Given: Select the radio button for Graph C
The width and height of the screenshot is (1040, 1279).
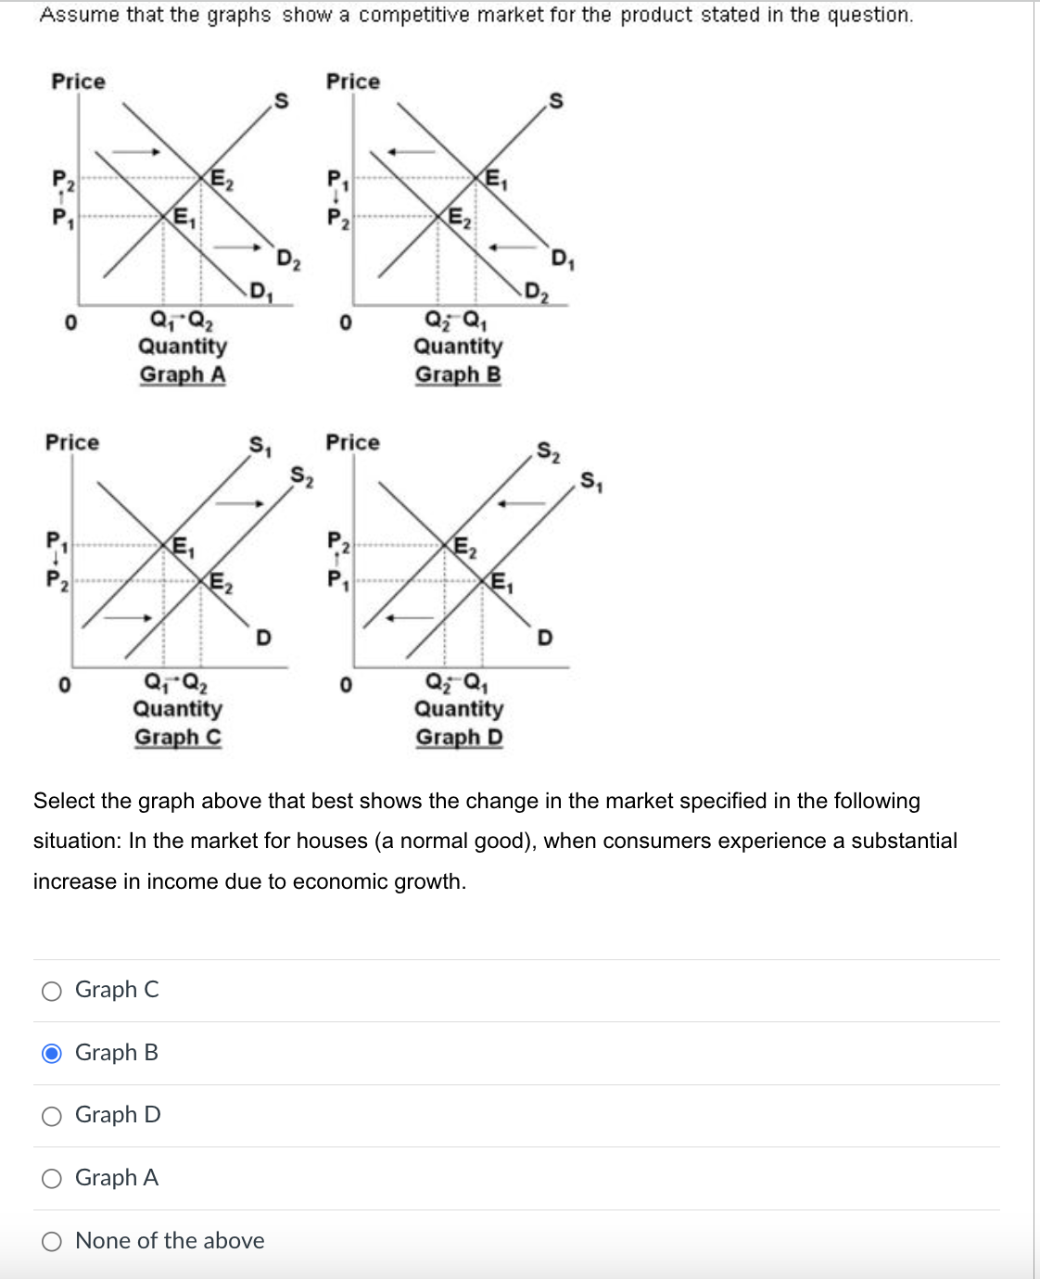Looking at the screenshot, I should (x=53, y=991).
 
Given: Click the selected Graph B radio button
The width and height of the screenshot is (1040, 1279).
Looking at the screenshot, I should (x=53, y=1053).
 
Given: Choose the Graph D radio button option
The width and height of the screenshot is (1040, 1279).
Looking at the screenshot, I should (x=53, y=1116).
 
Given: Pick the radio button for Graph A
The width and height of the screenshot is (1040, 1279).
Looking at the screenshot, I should (x=53, y=1178).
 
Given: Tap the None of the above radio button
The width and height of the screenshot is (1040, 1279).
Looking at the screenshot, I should (x=53, y=1241).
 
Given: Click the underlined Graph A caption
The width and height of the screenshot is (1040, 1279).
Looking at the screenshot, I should (x=183, y=374).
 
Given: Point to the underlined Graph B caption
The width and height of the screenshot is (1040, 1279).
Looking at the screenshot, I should (x=458, y=374).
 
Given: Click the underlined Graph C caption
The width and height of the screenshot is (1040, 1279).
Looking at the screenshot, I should (x=178, y=737).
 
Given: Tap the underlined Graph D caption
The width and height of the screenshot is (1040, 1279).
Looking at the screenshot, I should (x=459, y=737).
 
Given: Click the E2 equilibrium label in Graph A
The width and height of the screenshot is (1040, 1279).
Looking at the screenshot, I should (x=222, y=180).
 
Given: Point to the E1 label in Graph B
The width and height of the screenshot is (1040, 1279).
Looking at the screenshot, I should (x=494, y=180).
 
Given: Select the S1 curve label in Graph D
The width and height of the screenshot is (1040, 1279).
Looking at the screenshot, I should (x=591, y=481).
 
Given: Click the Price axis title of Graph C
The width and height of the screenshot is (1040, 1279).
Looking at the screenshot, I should (x=72, y=442).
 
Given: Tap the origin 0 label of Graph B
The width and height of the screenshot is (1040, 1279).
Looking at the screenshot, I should (x=345, y=323).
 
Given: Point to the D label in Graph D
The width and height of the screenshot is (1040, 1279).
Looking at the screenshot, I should (x=545, y=638).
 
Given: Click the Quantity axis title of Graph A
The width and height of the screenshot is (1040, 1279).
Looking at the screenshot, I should (x=183, y=346).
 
